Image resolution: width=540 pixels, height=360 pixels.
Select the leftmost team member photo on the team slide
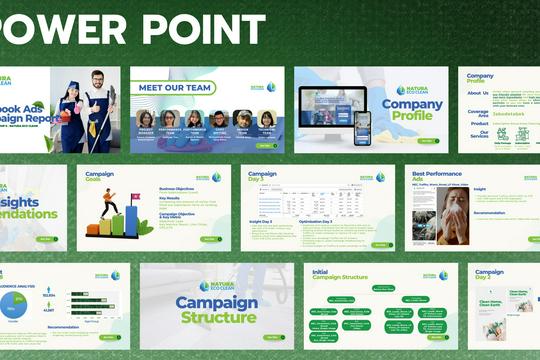(x=146, y=120)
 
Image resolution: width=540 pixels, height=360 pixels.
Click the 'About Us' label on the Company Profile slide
(x=478, y=93)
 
